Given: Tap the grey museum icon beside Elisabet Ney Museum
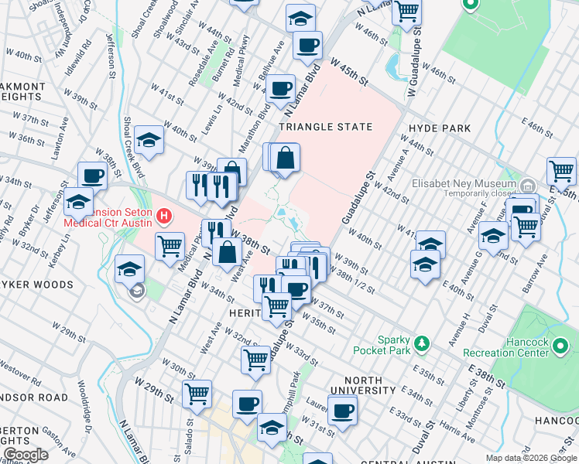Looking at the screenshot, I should pos(528,186).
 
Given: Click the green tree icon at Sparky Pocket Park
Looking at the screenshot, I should pos(422,342).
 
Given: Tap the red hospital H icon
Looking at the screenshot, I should pos(163,214).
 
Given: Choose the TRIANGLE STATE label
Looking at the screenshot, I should pos(325,126).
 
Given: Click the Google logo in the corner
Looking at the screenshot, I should pos(26,455).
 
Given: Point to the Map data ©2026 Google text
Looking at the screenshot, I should pos(531,458).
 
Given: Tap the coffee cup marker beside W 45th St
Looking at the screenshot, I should pos(308,46).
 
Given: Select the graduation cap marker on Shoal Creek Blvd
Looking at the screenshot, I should pos(149,139).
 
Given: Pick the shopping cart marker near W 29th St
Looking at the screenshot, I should pos(197,393).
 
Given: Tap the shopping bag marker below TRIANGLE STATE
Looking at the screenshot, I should pos(286,158).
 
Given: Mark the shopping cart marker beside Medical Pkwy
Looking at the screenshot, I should pos(170,246).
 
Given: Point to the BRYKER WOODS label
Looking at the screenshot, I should pos(36,284).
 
